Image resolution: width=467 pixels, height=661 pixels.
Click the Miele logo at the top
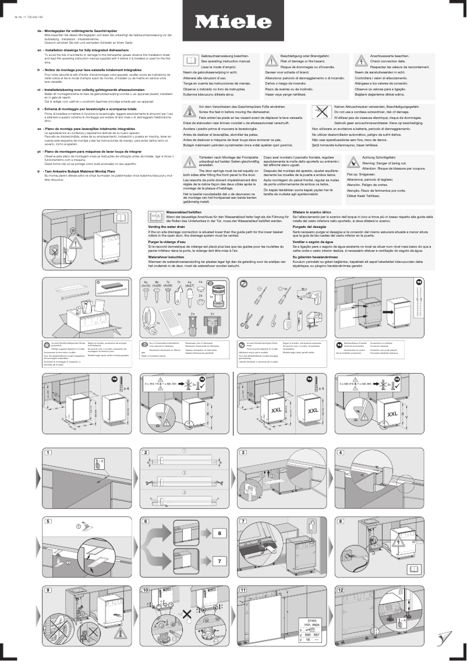233,22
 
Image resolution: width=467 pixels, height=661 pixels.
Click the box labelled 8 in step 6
218,533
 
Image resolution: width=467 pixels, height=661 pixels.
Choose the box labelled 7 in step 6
218,561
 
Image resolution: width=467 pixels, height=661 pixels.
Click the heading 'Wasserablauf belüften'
184,213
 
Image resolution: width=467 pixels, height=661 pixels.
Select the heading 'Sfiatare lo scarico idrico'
312,213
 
